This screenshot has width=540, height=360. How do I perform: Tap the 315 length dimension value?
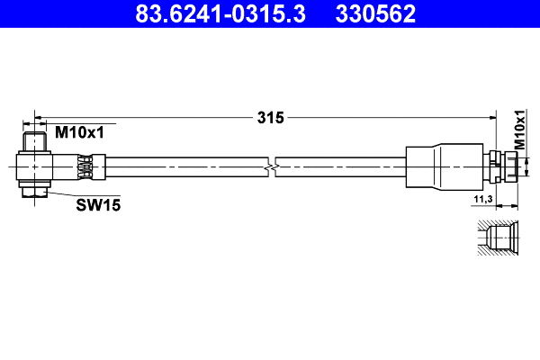tap(270, 117)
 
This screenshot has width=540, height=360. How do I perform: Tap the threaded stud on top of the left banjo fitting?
tap(35, 141)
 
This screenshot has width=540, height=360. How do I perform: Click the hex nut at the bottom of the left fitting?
tap(35, 190)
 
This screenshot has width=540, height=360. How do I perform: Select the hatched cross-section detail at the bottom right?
tap(498, 238)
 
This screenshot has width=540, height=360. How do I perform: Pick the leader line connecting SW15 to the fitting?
tap(61, 195)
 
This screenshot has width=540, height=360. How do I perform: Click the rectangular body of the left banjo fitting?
tap(45, 166)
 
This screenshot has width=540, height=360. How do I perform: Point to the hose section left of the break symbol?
tap(180, 166)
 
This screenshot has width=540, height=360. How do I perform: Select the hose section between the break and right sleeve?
tap(342, 166)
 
